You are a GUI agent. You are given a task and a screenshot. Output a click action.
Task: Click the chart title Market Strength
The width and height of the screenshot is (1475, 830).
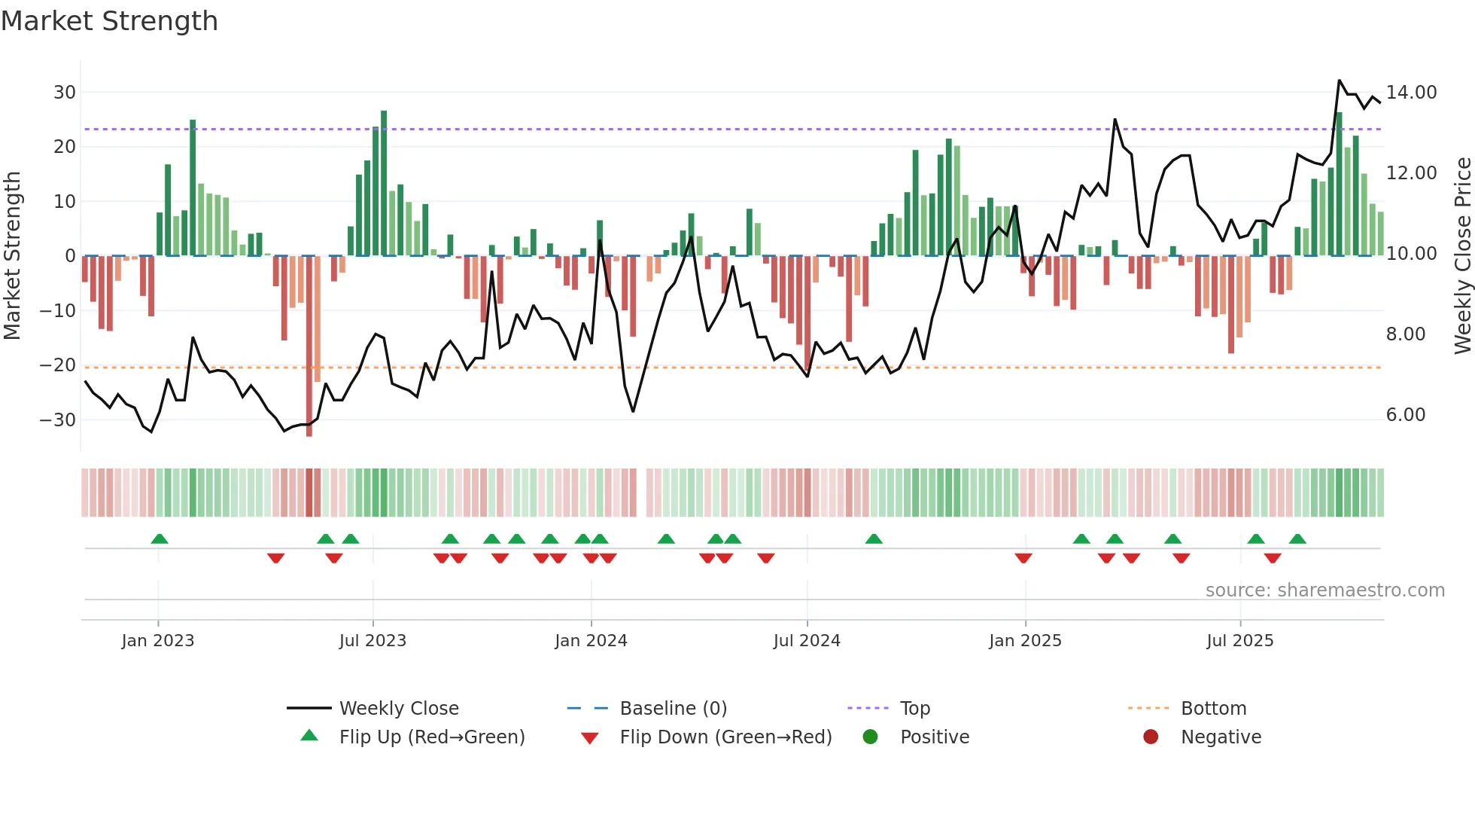[109, 21]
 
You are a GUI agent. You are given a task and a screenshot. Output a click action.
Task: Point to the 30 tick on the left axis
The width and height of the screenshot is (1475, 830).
[65, 93]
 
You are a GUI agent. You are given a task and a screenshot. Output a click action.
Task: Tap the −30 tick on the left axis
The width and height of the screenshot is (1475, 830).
[58, 420]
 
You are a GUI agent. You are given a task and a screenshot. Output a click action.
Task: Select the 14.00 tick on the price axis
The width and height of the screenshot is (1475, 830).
[1411, 93]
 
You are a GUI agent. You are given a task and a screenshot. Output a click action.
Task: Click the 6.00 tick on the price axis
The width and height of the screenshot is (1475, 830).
[1405, 415]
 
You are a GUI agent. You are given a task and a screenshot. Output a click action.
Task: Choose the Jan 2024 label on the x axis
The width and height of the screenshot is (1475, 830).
[591, 641]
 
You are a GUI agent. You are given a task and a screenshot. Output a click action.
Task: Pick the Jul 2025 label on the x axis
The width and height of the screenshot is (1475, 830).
[1239, 641]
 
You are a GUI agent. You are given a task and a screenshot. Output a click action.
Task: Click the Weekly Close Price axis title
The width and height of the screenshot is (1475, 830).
[1462, 256]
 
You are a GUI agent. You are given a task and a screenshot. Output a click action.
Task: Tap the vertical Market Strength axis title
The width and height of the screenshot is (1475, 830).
[13, 256]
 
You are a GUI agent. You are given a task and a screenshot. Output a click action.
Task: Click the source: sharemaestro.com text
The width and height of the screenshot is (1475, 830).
[1324, 590]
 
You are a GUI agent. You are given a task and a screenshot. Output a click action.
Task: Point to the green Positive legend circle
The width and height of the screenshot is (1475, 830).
[871, 737]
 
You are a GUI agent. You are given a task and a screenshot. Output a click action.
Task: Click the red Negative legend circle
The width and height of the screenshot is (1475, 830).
[1151, 737]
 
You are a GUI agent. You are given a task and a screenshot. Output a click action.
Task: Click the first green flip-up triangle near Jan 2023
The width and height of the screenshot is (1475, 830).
[160, 539]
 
